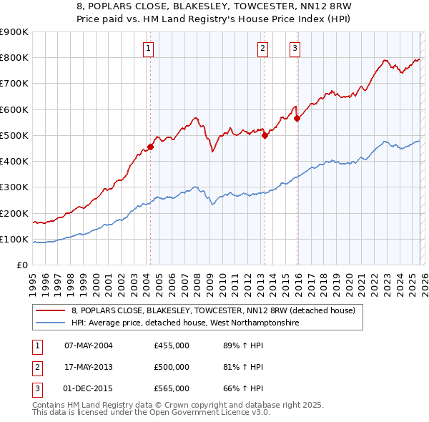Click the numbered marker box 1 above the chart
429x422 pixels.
(148, 49)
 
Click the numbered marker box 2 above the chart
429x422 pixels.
(262, 49)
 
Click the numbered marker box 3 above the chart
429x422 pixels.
(295, 49)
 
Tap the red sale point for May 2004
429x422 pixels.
(150, 147)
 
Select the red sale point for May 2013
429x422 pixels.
(265, 134)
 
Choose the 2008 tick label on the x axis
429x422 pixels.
(197, 279)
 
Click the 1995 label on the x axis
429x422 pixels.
(34, 279)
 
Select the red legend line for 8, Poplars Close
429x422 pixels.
(51, 311)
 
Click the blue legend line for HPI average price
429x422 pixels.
(51, 323)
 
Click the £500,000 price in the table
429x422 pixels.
(172, 367)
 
